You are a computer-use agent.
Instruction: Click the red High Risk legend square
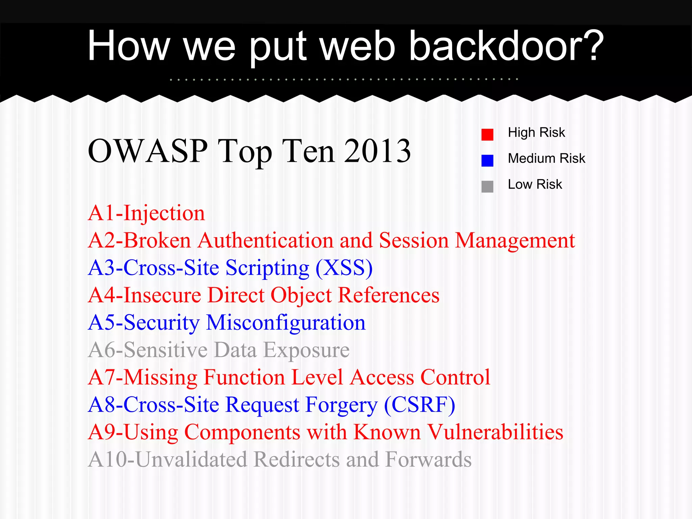point(487,134)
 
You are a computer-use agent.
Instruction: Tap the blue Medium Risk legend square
point(487,160)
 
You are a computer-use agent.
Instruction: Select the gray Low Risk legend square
point(487,187)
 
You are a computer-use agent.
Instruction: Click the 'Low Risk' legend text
point(535,184)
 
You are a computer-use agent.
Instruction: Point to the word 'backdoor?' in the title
point(506,46)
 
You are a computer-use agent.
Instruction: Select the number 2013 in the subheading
point(377,151)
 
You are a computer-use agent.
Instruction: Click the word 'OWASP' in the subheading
point(148,151)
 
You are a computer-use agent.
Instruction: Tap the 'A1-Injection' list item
point(146,214)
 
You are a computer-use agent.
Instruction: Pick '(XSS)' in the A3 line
point(344,268)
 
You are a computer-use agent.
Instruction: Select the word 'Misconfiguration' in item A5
point(286,323)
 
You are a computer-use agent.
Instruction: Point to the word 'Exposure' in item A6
point(306,350)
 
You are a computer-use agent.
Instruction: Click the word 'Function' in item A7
point(244,378)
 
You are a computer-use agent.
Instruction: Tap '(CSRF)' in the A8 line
point(420,405)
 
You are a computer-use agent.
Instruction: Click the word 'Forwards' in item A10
point(428,460)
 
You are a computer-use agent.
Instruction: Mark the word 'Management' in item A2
point(515,241)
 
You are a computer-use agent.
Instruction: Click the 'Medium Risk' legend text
point(546,158)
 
